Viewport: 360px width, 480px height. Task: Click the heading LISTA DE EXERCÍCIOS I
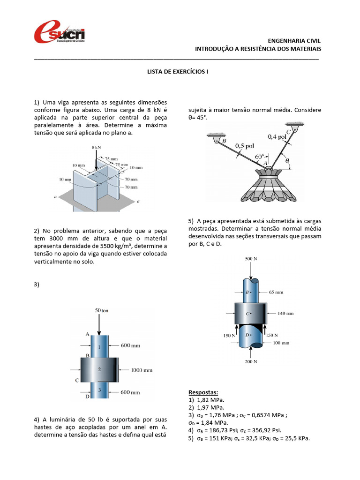(x=177, y=72)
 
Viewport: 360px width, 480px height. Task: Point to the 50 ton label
(x=102, y=310)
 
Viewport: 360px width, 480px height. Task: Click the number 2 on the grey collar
(x=99, y=369)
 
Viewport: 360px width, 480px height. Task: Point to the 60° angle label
(x=259, y=156)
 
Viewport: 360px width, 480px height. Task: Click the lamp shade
(x=265, y=186)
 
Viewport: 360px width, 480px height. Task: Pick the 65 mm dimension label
(x=276, y=292)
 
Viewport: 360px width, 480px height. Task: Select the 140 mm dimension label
(x=286, y=313)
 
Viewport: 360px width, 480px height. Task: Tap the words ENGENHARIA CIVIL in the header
(x=294, y=41)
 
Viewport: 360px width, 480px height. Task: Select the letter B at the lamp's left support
(x=224, y=141)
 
